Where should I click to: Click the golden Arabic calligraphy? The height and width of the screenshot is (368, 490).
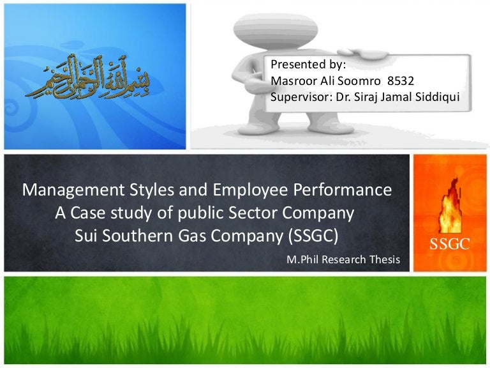[x=87, y=77]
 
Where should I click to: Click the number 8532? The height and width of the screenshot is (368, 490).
[x=401, y=80]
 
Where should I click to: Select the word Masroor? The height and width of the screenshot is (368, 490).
[x=293, y=80]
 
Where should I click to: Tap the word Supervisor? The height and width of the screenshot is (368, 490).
[x=300, y=97]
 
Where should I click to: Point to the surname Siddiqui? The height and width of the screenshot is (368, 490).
[x=437, y=97]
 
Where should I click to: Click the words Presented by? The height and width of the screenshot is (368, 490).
[x=308, y=65]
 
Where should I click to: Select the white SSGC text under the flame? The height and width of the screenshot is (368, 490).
[x=450, y=244]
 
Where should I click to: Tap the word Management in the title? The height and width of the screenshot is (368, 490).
[x=74, y=190]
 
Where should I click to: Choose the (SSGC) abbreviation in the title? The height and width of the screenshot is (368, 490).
[x=313, y=236]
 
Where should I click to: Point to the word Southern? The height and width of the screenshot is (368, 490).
[x=138, y=236]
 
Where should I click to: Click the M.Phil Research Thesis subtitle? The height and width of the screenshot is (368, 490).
[x=343, y=259]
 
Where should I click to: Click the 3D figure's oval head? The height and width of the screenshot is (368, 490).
[x=276, y=31]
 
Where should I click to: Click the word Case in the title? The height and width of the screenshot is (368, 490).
[x=88, y=213]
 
